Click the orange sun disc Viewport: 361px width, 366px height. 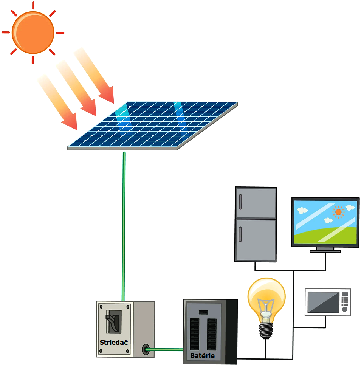[x=33, y=32]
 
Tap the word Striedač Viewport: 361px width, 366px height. [x=114, y=342]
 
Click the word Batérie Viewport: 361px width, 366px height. [x=202, y=356]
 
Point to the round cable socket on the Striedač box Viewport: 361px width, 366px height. [x=145, y=349]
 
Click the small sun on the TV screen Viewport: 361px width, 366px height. [x=338, y=212]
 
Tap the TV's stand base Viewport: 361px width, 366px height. [x=325, y=251]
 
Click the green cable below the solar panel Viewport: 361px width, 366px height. [x=124, y=227]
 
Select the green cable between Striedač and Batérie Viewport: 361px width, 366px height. [x=166, y=349]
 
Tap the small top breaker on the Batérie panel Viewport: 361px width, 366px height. [x=203, y=312]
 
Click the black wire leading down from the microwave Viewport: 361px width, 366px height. [x=325, y=322]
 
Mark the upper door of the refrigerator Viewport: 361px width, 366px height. [x=256, y=203]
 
